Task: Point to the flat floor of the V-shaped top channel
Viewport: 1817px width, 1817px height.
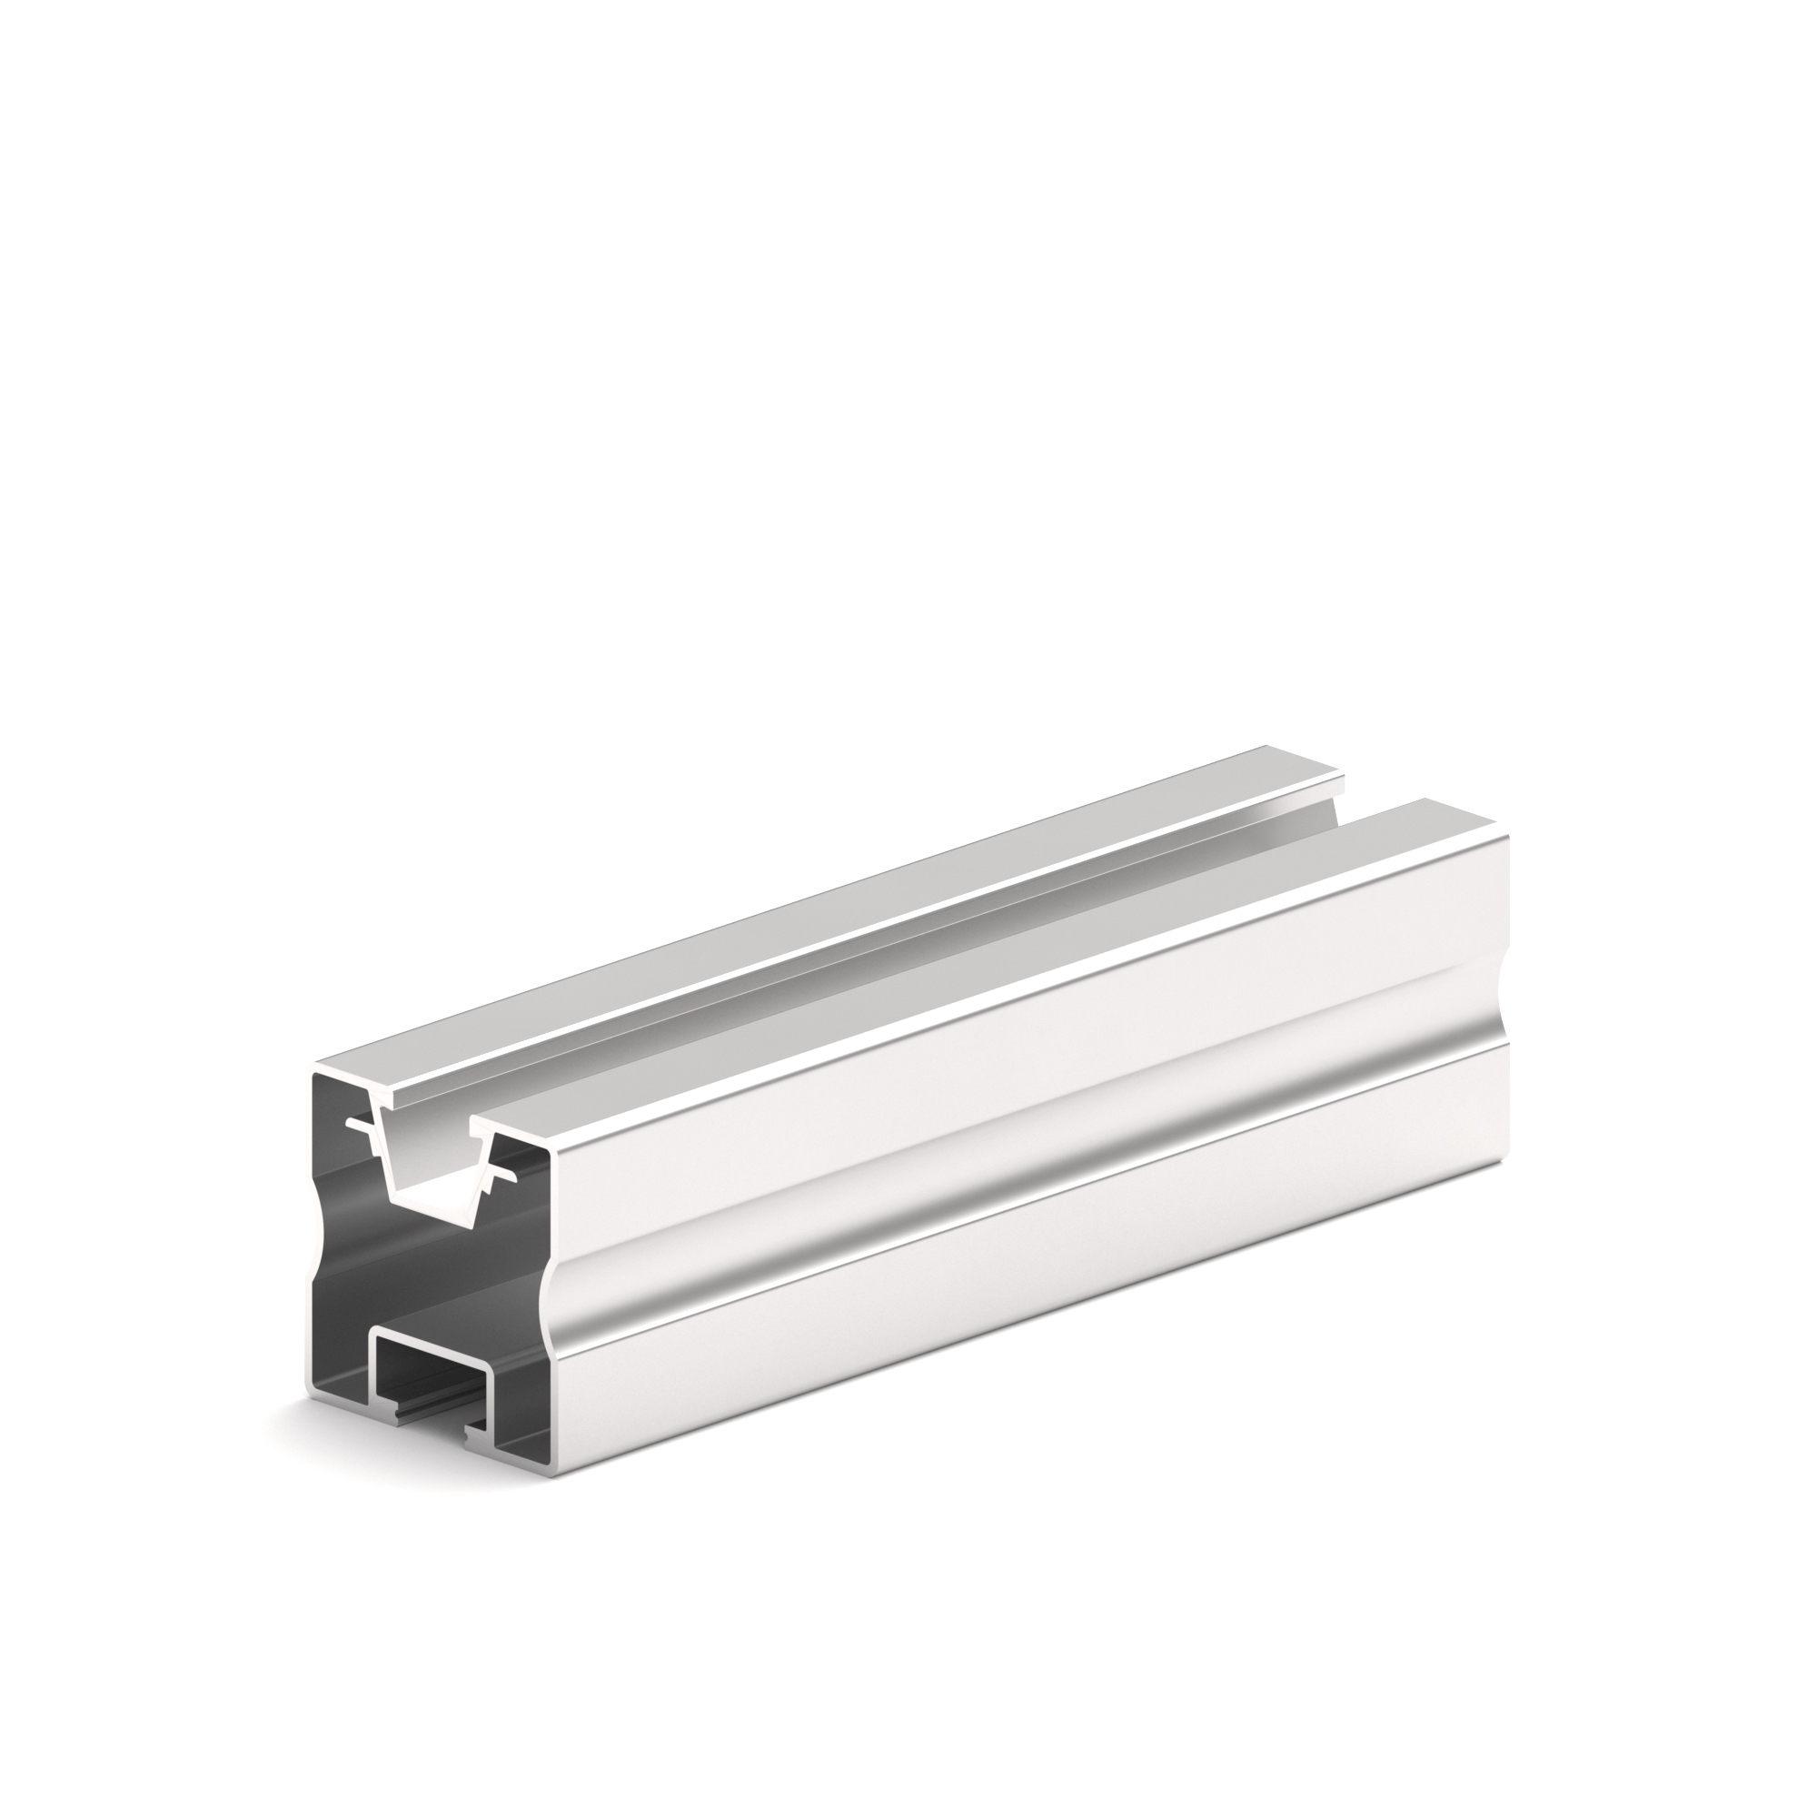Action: point(437,1209)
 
